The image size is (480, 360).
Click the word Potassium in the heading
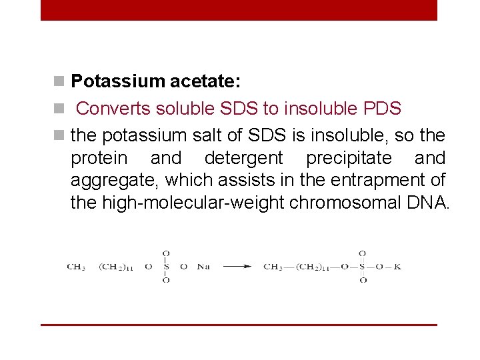click(117, 81)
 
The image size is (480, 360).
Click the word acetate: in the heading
click(205, 81)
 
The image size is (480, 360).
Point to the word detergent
click(243, 158)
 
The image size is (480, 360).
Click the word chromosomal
click(343, 203)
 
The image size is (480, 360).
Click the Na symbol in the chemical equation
click(203, 267)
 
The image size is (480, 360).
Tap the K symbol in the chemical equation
click(397, 267)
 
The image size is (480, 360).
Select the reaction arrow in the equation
click(237, 267)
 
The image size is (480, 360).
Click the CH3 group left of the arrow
click(76, 267)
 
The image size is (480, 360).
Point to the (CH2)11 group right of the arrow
click(311, 267)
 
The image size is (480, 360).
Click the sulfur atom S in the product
click(362, 267)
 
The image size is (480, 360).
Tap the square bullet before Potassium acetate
click(60, 82)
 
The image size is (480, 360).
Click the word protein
click(99, 158)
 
